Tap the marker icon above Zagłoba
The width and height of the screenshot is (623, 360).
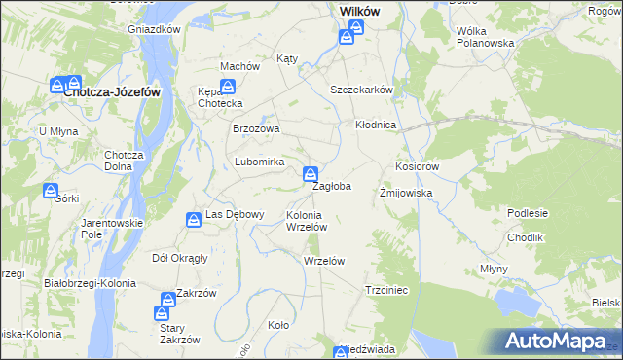(x=311, y=175)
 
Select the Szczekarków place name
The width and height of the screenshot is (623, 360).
(x=361, y=89)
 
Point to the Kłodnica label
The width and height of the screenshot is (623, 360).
(x=375, y=126)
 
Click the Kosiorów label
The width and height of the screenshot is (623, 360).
(x=418, y=166)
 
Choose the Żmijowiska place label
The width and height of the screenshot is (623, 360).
(x=405, y=193)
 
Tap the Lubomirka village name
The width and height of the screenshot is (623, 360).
(x=259, y=162)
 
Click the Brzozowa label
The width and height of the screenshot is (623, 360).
(x=256, y=128)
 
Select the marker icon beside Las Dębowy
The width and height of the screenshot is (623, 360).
(x=194, y=222)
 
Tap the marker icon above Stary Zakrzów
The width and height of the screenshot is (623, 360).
(x=162, y=313)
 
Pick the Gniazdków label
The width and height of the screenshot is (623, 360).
(x=155, y=29)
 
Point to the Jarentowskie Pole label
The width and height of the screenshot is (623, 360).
(x=112, y=229)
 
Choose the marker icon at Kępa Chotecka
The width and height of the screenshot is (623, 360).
(x=226, y=89)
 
